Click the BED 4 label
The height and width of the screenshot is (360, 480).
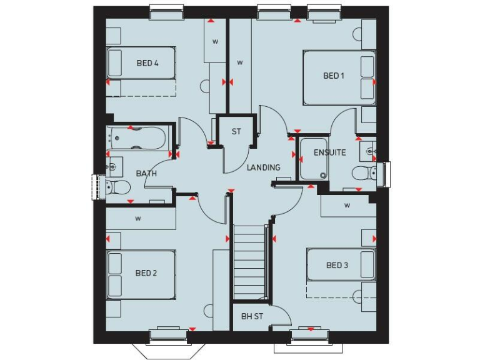point(147,63)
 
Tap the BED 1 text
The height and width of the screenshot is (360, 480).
point(334,76)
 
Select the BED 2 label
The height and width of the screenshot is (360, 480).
point(146,273)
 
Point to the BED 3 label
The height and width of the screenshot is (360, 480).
point(337,266)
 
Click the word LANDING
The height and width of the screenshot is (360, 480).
point(263,167)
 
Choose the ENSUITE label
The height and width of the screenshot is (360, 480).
point(329,152)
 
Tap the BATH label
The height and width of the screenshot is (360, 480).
point(146,174)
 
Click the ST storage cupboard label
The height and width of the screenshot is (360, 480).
point(236,132)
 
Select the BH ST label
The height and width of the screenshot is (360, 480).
point(252,316)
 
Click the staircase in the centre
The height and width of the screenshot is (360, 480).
point(250,262)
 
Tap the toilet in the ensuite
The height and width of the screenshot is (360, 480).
point(363,172)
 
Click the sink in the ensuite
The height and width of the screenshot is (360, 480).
point(368,151)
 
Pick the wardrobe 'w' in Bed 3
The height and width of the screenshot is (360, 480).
point(347,206)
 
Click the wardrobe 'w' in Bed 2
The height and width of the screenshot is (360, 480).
point(137,219)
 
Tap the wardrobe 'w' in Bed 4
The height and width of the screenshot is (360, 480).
point(214,42)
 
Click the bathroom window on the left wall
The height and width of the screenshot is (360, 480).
point(97,187)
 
